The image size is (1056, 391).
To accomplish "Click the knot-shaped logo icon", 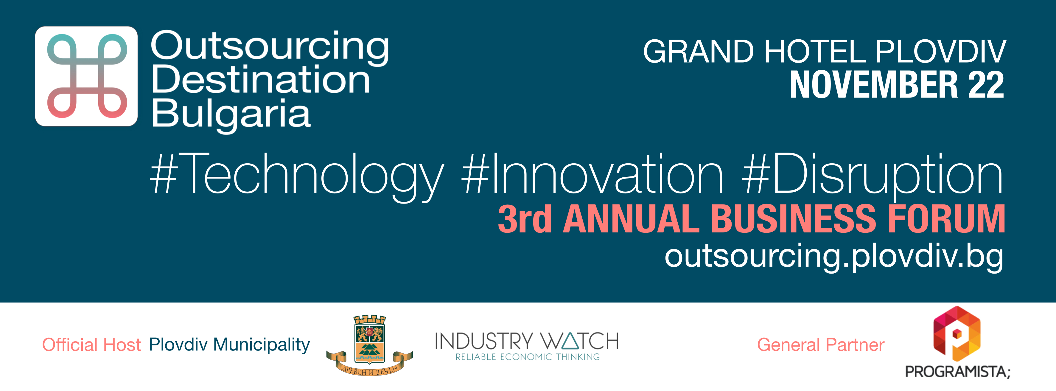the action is tap(86, 76).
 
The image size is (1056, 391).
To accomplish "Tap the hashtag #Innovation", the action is tap(592, 173).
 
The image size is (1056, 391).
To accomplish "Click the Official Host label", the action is tap(91, 345).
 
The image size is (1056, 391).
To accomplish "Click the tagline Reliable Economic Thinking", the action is tap(528, 357).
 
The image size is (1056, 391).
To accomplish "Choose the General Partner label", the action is tap(820, 345).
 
